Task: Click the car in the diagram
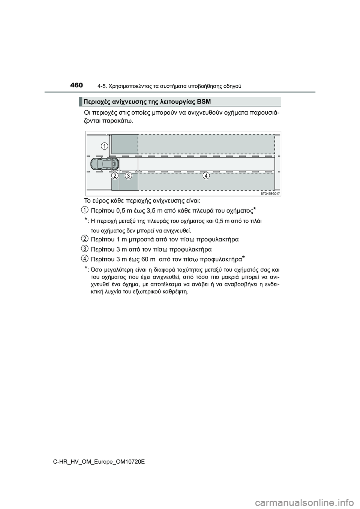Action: pyautogui.click(x=105, y=164)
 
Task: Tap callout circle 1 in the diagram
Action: pyautogui.click(x=104, y=145)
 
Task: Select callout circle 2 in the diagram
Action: pyautogui.click(x=115, y=175)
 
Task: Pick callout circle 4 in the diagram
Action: pyautogui.click(x=206, y=175)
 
